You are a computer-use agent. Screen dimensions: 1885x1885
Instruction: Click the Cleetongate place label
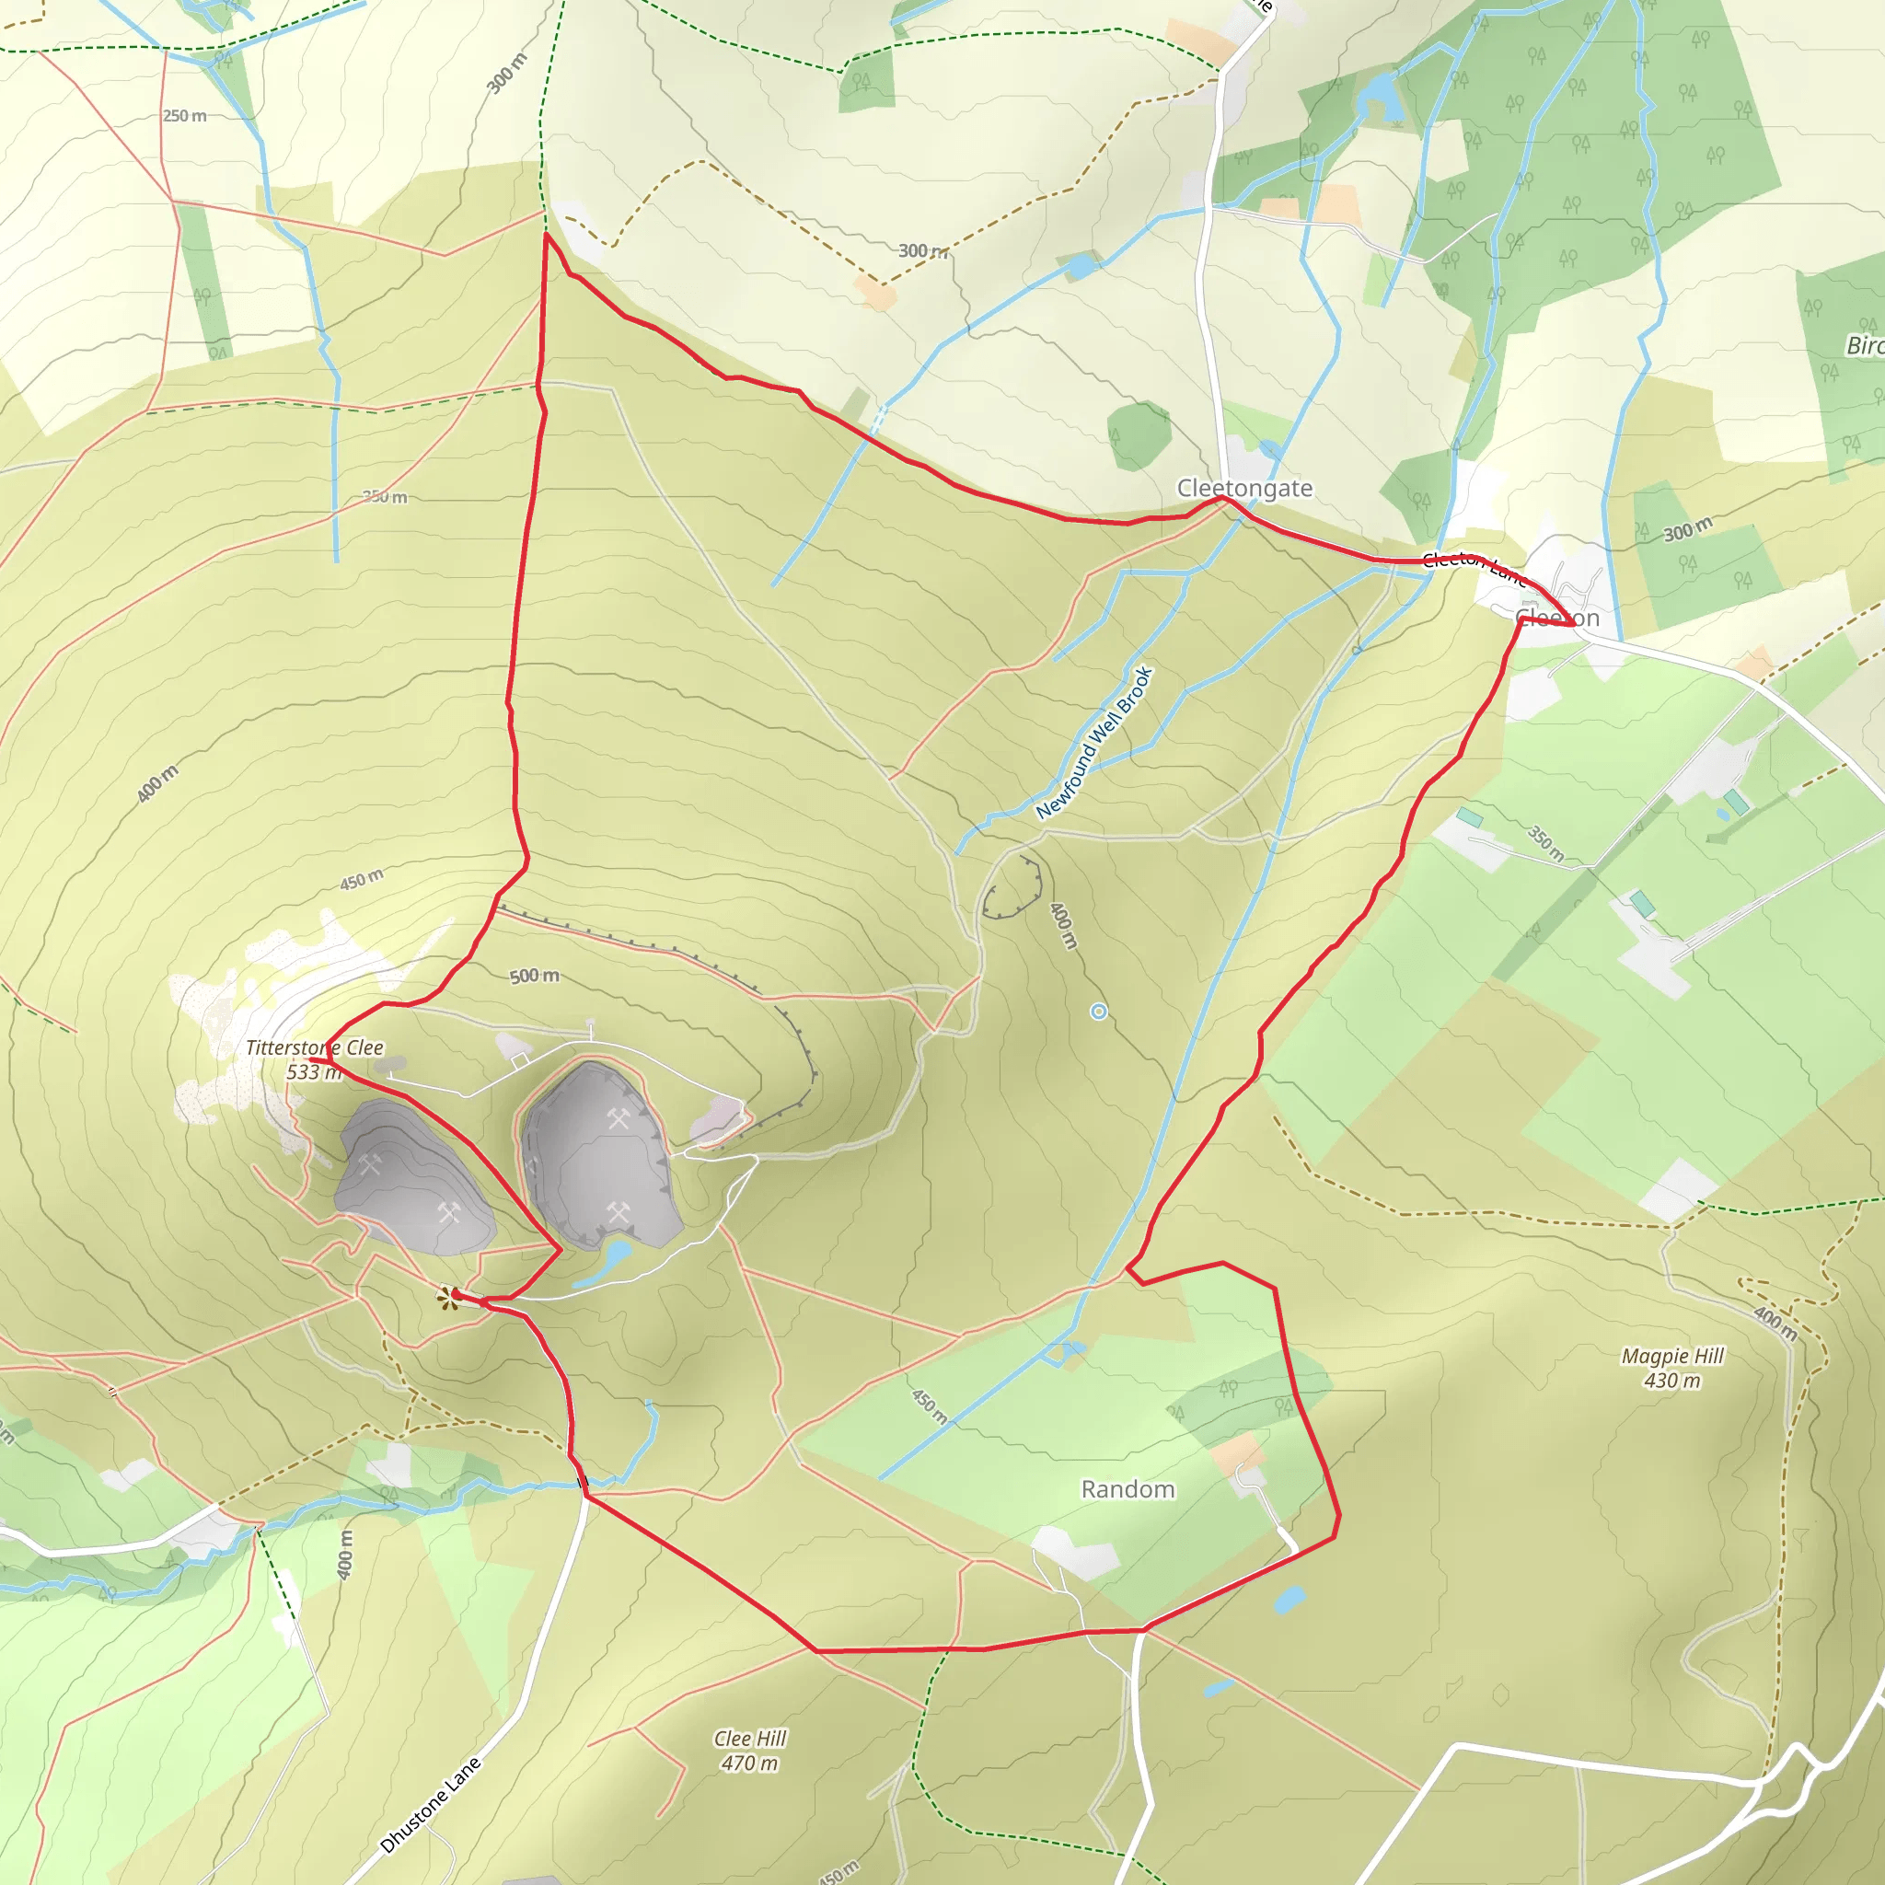click(x=1244, y=488)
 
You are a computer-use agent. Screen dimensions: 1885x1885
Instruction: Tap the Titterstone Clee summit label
click(x=314, y=1059)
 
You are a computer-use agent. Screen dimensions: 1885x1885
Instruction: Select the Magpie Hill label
click(x=1672, y=1368)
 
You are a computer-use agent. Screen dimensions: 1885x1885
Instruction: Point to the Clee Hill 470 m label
click(x=749, y=1751)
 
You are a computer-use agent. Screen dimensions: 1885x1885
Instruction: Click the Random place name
click(x=1128, y=1489)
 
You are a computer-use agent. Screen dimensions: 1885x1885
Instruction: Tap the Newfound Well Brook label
click(x=1094, y=744)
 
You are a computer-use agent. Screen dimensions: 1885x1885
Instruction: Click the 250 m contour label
click(x=184, y=116)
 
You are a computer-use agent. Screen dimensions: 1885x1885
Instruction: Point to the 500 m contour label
click(x=535, y=976)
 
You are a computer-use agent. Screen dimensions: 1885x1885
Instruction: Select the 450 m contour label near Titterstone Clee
click(x=361, y=879)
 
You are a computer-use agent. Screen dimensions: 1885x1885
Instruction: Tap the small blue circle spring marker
click(x=1099, y=1012)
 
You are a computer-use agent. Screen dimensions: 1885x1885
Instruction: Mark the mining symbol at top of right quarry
click(x=619, y=1118)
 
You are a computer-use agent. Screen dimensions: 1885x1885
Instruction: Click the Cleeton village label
click(x=1558, y=619)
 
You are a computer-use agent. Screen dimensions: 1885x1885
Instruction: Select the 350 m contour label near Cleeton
click(x=1546, y=844)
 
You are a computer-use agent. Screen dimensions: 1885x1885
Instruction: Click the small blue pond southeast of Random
click(x=1289, y=1600)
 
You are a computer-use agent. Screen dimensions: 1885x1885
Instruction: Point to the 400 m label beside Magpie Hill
click(x=1775, y=1324)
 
